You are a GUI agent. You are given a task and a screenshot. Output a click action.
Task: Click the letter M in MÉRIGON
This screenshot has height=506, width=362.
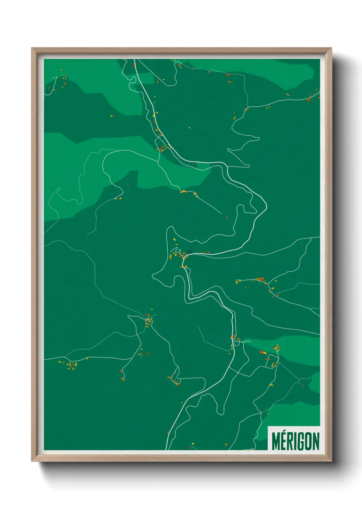coord(276,441)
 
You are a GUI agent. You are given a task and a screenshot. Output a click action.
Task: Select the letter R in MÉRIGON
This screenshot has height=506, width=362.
coord(291,441)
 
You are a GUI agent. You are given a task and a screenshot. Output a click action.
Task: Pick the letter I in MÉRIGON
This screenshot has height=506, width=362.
coord(297,441)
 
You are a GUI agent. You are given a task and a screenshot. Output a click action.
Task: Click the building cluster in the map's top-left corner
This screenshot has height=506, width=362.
coord(63,81)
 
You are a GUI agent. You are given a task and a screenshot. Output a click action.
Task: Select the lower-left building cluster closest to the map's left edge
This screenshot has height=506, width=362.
coord(71,365)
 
